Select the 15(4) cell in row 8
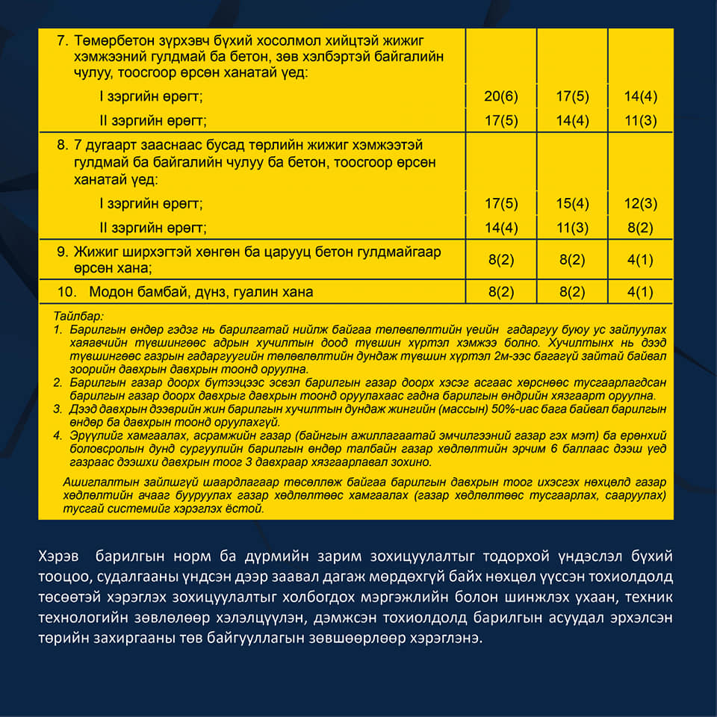click(x=573, y=204)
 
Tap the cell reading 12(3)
click(x=642, y=204)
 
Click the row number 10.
click(x=66, y=292)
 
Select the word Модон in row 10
click(x=110, y=292)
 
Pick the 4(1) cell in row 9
click(x=642, y=260)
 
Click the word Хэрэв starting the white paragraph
click(x=55, y=556)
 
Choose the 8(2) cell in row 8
click(x=642, y=228)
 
